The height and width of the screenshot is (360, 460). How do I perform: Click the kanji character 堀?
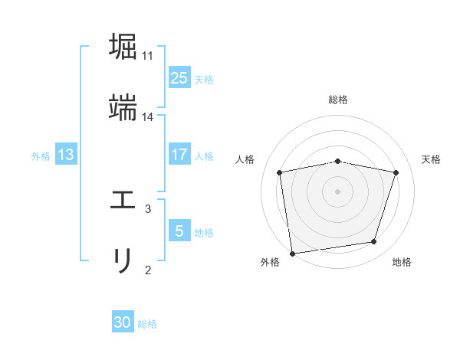(123, 46)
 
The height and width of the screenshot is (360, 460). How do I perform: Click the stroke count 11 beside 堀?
(148, 56)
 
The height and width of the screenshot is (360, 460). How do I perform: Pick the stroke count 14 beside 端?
(148, 117)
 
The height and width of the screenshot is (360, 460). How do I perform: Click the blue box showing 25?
(179, 78)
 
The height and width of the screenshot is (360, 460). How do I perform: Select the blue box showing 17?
(179, 155)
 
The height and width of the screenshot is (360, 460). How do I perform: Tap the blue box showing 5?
(179, 231)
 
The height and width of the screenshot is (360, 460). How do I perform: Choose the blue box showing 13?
(66, 155)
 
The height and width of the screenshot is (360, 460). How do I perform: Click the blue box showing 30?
(123, 322)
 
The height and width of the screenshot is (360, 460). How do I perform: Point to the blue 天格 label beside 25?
(204, 80)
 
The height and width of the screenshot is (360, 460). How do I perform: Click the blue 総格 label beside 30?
(147, 324)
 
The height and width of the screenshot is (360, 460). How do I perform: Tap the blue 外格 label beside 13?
(41, 156)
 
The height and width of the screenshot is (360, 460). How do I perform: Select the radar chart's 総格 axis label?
(338, 100)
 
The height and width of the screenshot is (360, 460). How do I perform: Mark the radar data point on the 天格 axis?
(396, 172)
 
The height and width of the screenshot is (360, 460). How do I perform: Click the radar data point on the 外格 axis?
(292, 253)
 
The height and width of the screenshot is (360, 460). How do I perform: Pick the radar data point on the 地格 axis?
(374, 242)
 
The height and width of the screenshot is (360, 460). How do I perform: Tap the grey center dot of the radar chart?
(338, 191)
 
